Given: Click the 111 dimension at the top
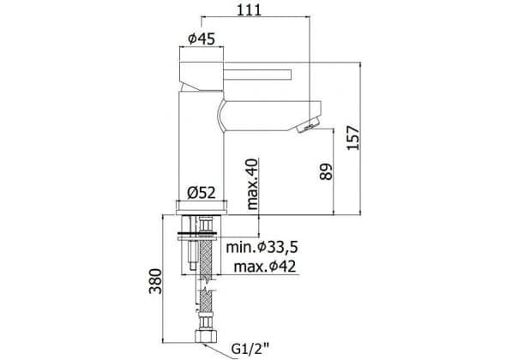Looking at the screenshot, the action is (249, 9).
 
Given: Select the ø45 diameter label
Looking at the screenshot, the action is (202, 39).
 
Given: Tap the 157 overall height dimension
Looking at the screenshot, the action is (353, 138).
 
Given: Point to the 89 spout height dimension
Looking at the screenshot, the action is (326, 171).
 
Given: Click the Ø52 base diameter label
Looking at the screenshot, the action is (202, 193).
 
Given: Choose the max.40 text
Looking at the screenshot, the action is (252, 184).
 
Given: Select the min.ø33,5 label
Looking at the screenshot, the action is (262, 248).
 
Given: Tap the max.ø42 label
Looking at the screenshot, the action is (265, 267).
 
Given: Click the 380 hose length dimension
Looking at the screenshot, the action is (155, 281).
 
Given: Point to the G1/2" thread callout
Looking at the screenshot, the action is (250, 348).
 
